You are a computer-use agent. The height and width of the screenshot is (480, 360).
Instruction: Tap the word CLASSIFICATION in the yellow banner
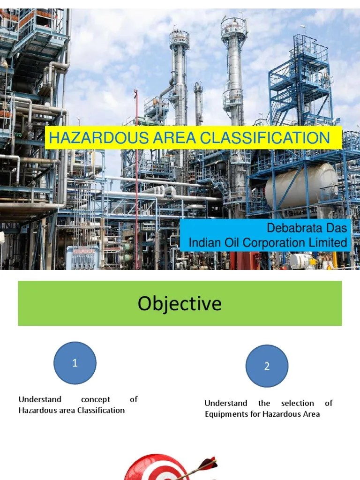click(264, 138)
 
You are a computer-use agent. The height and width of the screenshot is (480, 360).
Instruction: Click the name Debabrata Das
click(307, 228)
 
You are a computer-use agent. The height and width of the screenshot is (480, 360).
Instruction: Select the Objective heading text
click(180, 303)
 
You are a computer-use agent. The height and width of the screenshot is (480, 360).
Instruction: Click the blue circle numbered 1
click(75, 363)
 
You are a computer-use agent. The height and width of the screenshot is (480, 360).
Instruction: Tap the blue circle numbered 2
click(267, 367)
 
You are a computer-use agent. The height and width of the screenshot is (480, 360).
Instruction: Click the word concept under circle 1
click(95, 399)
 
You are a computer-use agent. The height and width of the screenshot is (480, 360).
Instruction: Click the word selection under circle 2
click(298, 403)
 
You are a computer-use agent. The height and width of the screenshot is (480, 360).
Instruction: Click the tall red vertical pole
click(136, 187)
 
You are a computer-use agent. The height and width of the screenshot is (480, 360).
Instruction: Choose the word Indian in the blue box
click(202, 243)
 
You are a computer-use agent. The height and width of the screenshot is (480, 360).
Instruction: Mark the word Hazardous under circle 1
click(35, 410)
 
